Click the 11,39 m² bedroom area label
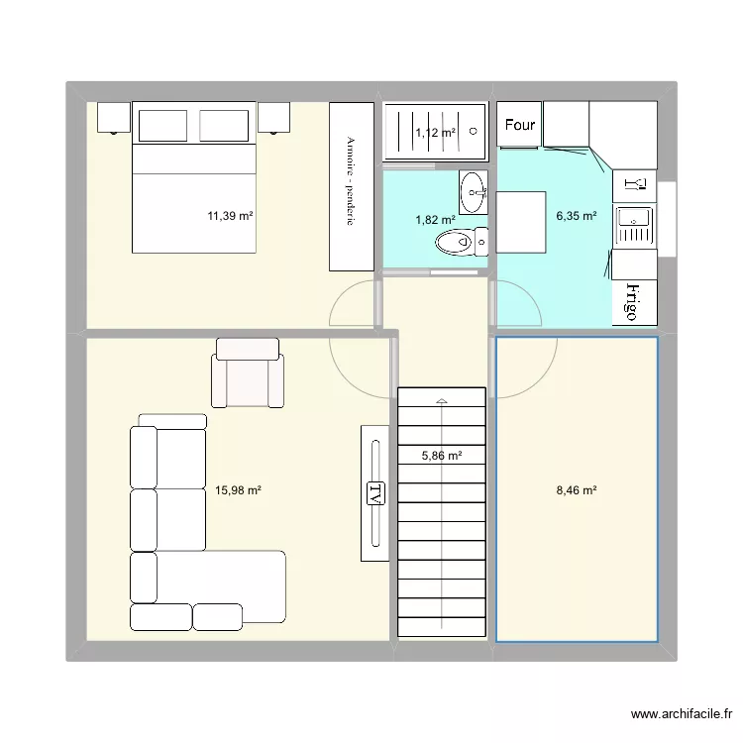pos(230,216)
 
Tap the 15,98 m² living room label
pos(238,490)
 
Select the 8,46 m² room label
pos(577,490)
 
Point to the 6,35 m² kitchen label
pos(577,216)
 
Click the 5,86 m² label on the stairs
pos(442,456)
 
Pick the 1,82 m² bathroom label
pos(436,220)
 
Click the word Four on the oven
pos(520,125)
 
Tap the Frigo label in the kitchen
pos(632,302)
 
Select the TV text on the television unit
pos(375,493)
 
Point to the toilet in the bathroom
pos(462,242)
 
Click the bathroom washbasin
pos(473,192)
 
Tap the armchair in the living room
pos(248,372)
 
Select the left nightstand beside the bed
pos(114,118)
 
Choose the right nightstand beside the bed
pos(273,118)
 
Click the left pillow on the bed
pos(162,126)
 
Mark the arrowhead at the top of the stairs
pos(442,401)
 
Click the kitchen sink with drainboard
pos(634,227)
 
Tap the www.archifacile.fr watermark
pos(682,713)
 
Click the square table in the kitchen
pos(521,222)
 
